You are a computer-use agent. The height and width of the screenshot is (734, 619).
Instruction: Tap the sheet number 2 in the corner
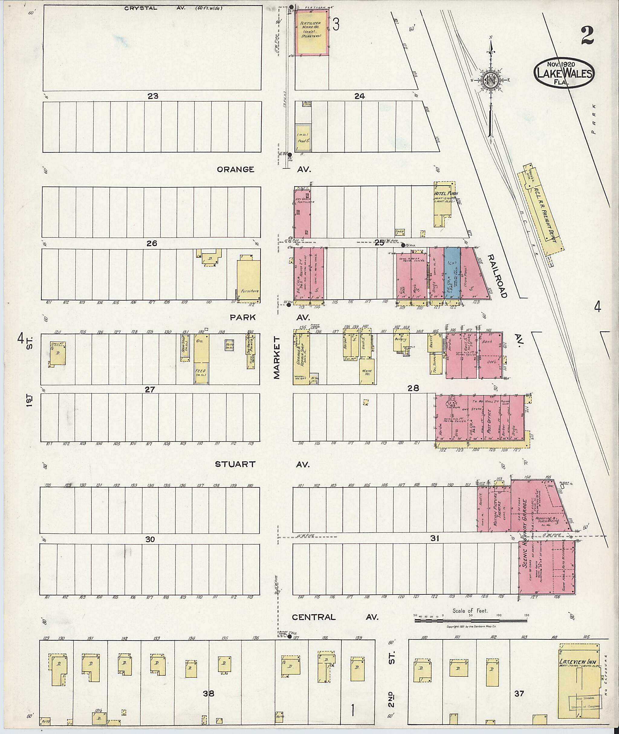click(587, 37)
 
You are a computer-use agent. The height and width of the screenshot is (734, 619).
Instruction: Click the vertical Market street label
click(277, 357)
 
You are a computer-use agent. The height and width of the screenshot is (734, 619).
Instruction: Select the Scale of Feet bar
click(471, 621)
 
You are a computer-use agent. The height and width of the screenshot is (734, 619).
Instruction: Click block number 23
click(153, 96)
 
